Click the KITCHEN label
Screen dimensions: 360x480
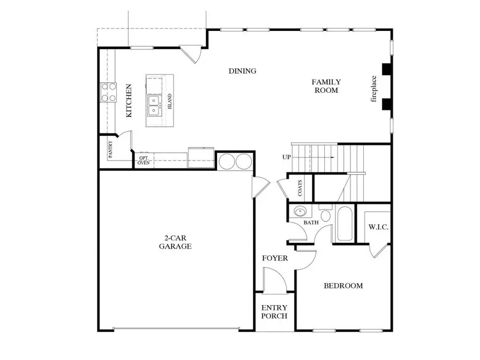(129, 100)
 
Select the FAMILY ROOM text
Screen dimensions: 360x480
(326, 86)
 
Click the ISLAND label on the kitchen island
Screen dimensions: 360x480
(170, 101)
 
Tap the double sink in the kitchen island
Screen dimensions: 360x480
(154, 105)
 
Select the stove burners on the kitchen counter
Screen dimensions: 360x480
(109, 92)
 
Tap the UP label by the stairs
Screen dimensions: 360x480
(287, 157)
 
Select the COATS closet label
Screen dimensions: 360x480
(300, 187)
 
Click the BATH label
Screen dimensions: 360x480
(311, 223)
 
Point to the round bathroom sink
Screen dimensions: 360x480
(299, 212)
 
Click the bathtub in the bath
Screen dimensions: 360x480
(344, 223)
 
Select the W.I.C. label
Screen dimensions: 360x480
(379, 228)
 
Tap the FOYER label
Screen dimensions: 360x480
(275, 259)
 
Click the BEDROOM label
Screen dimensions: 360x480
(343, 286)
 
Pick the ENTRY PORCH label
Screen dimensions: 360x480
(274, 312)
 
